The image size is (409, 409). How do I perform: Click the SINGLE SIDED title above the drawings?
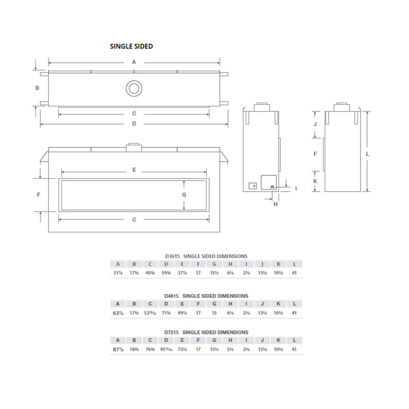tap(131, 46)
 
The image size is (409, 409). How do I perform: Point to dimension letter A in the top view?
tap(134, 62)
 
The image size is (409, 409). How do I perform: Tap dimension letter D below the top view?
tap(134, 124)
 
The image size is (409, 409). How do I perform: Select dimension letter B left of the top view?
tap(37, 88)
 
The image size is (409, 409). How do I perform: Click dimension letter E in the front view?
tap(134, 169)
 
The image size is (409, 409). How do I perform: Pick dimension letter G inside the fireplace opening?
tap(184, 195)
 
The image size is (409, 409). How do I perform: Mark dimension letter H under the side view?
tap(276, 204)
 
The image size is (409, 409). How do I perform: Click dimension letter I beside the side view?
tap(296, 189)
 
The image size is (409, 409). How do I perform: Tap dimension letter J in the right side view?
tap(315, 124)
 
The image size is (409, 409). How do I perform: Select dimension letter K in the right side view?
tap(315, 181)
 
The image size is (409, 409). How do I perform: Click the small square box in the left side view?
tap(252, 186)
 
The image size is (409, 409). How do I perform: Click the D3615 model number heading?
tap(172, 256)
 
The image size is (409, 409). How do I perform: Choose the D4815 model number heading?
tap(172, 296)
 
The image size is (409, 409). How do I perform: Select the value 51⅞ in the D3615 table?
tap(118, 273)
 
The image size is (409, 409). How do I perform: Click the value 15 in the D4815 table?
tap(214, 312)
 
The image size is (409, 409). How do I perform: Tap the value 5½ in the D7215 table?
tap(231, 349)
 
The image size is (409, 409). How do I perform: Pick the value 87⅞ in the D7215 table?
tap(118, 349)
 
